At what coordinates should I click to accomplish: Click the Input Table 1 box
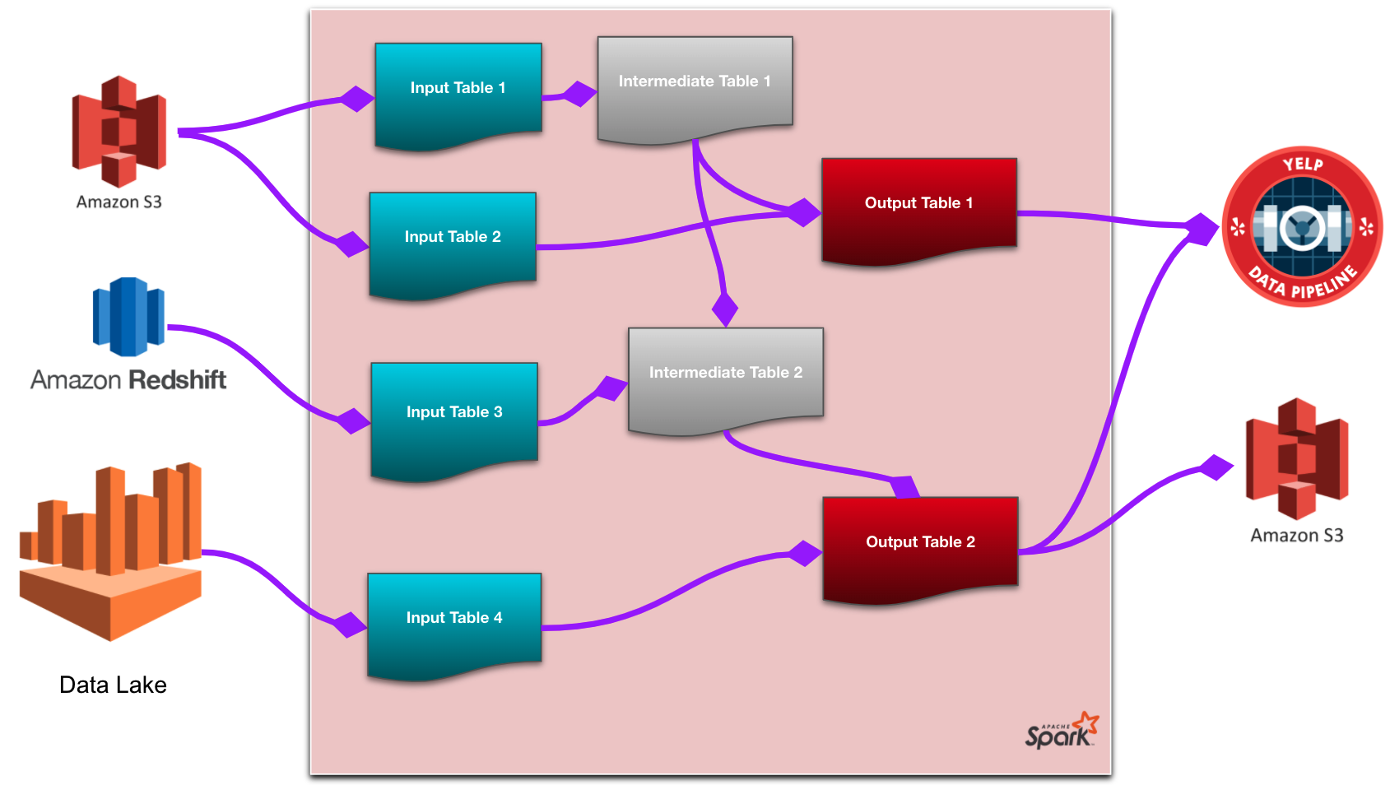[458, 95]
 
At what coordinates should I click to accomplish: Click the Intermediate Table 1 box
[695, 86]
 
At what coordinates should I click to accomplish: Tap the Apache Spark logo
[1062, 731]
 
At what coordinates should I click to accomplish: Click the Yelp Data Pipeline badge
[1302, 226]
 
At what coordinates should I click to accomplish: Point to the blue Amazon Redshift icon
[128, 317]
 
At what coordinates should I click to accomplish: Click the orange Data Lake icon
[111, 551]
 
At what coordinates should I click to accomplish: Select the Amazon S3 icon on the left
[119, 132]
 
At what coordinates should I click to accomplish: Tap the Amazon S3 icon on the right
[1297, 458]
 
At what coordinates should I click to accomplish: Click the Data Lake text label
[113, 685]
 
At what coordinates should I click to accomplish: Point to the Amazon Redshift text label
[128, 379]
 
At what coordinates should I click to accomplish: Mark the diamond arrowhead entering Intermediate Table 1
[579, 94]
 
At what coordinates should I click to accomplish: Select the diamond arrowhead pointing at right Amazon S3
[1216, 467]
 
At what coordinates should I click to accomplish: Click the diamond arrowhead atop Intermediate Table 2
[724, 309]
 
